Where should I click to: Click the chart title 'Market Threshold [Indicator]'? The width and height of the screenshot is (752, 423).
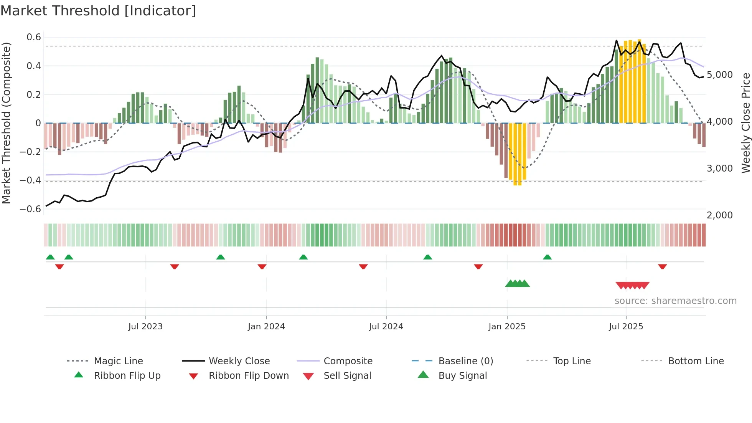pyautogui.click(x=98, y=11)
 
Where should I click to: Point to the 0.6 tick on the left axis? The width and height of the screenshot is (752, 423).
pyautogui.click(x=34, y=37)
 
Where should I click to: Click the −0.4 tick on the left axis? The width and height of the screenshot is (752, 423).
pyautogui.click(x=30, y=180)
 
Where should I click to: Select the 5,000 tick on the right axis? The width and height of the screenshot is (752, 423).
pyautogui.click(x=719, y=75)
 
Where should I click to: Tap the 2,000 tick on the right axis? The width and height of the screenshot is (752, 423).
pyautogui.click(x=719, y=215)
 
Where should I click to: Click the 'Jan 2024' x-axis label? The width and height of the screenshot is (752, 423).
pyautogui.click(x=266, y=327)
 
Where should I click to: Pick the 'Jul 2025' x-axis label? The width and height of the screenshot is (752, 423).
pyautogui.click(x=626, y=327)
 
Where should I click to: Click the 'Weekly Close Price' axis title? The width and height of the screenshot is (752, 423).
pyautogui.click(x=745, y=123)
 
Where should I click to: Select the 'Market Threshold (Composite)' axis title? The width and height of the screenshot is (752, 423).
pyautogui.click(x=6, y=123)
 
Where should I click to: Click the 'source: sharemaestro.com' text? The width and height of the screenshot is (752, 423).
pyautogui.click(x=675, y=301)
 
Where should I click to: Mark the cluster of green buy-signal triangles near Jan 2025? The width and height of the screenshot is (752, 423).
pyautogui.click(x=517, y=284)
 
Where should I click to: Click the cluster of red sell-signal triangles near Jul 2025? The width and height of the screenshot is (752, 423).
pyautogui.click(x=632, y=285)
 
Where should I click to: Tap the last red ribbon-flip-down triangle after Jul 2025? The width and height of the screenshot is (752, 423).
pyautogui.click(x=662, y=266)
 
